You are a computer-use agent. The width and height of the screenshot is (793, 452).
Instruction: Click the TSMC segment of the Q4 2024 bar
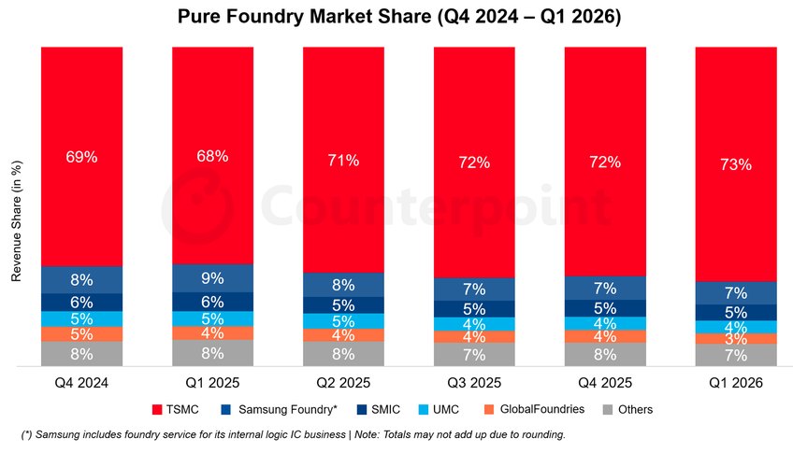82,157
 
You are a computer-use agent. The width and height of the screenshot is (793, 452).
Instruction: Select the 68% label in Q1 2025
212,156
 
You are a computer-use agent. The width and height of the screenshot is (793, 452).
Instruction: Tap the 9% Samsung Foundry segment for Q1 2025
212,278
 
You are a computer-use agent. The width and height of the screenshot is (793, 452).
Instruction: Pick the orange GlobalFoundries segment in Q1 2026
736,339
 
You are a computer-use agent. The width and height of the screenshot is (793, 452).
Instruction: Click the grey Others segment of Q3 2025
474,355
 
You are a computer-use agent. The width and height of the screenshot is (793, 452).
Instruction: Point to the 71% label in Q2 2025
343,161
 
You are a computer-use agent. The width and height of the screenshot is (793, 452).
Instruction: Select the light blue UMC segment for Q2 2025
343,321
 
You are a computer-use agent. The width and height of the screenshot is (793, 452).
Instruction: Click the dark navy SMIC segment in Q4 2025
605,308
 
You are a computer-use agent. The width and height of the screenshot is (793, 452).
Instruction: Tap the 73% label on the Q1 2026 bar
736,164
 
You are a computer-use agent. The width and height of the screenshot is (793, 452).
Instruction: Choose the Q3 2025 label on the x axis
474,383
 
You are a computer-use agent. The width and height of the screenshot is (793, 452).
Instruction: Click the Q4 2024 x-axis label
81,383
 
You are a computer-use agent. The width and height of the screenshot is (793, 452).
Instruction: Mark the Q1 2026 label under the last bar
736,383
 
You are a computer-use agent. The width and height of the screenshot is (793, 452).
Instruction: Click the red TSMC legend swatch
157,410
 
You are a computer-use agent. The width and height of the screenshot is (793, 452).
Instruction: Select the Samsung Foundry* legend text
287,410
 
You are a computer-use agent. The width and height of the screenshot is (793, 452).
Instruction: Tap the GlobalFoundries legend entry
535,409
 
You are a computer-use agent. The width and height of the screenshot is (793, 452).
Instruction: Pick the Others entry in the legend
628,410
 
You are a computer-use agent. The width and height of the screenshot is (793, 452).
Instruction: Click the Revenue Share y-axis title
16,220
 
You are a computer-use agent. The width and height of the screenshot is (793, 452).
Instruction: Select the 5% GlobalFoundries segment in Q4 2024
82,334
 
